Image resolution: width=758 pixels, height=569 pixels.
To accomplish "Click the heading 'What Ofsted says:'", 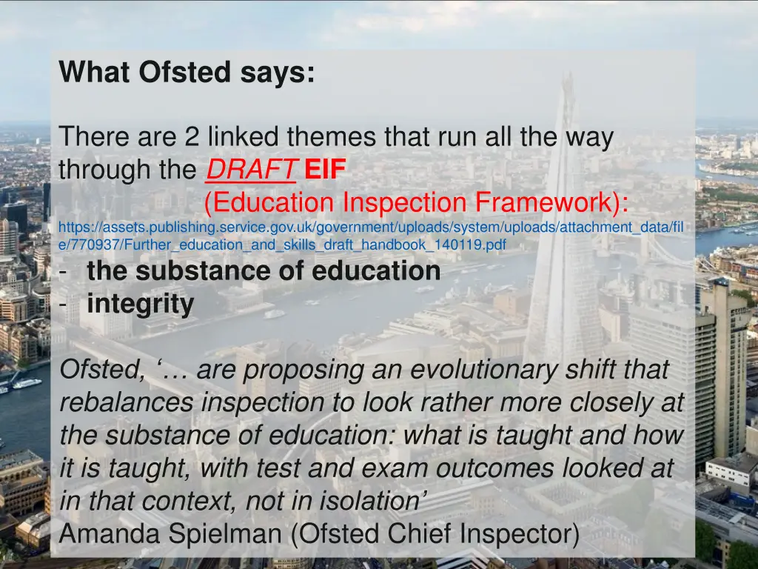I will (x=187, y=73).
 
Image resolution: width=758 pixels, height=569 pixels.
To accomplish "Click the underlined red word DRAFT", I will (x=250, y=170).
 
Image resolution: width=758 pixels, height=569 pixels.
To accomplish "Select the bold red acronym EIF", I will (x=324, y=170).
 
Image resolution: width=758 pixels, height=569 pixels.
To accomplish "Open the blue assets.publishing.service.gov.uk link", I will (x=370, y=227).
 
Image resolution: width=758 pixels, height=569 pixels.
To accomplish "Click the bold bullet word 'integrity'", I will (x=140, y=303).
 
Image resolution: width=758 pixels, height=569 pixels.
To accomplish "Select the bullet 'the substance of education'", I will (x=263, y=270).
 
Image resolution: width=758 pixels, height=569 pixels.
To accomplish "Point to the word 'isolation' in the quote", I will (x=369, y=500).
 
